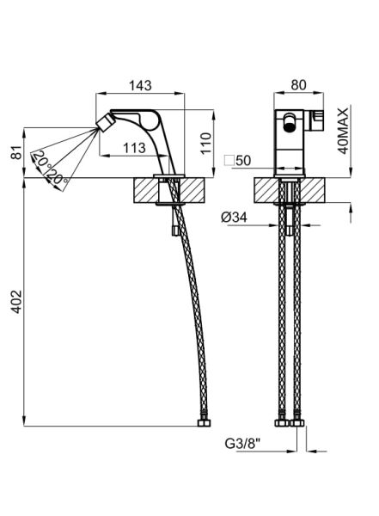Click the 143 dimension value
point(140,85)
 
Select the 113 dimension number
point(134,148)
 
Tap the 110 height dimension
point(206,143)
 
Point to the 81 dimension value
point(16,152)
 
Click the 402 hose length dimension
point(16,302)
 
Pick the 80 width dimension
point(298,85)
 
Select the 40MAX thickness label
point(343,131)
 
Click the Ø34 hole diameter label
point(234,218)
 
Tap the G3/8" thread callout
point(242,443)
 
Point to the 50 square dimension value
point(243,161)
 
